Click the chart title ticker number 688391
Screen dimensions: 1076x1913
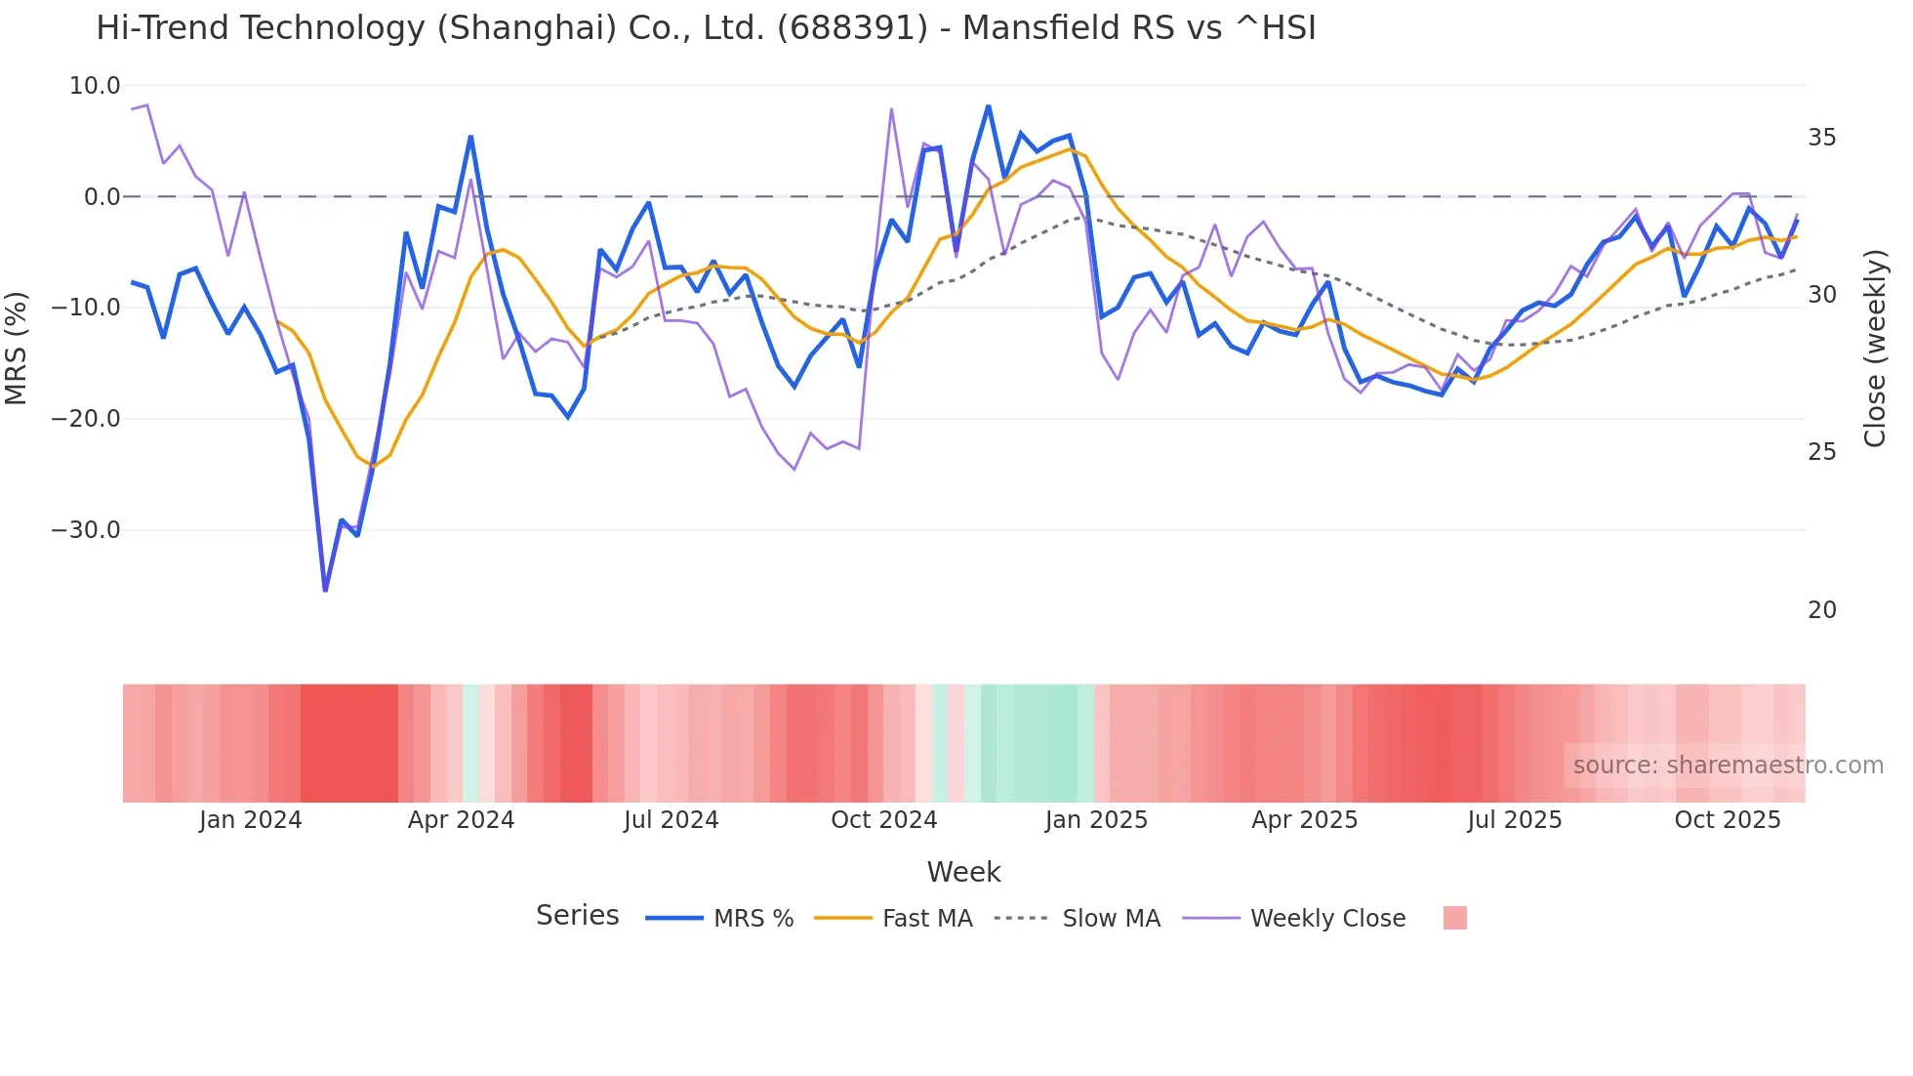pos(852,28)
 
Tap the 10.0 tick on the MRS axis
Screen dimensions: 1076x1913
pos(95,86)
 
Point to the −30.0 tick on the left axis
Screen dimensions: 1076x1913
pos(86,530)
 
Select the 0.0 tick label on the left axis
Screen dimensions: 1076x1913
pos(102,197)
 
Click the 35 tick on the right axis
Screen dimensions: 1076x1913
pos(1821,138)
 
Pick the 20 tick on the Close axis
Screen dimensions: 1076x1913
pos(1821,610)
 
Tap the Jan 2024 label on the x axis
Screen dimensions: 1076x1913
pos(251,820)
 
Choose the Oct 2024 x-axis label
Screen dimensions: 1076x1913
pos(883,820)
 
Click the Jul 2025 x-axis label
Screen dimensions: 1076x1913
pos(1514,820)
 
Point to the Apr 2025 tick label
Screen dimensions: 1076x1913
pos(1304,820)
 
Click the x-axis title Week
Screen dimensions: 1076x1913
pos(963,872)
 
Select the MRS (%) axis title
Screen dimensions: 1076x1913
pos(17,349)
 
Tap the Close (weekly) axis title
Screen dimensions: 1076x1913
pos(1874,349)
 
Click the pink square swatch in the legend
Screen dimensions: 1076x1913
pos(1454,918)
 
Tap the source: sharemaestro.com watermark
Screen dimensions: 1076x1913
pos(1728,766)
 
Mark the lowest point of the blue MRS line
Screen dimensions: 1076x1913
pos(325,590)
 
